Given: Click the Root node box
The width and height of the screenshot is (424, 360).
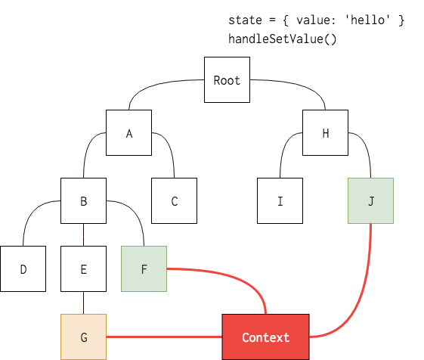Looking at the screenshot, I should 227,80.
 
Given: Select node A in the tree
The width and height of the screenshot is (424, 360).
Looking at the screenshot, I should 128,133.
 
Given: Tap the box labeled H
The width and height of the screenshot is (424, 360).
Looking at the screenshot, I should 325,133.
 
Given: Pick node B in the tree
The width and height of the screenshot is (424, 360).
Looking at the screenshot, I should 83,201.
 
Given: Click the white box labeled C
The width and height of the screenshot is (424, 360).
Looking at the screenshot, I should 174,201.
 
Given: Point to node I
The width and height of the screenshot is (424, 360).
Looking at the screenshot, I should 280,201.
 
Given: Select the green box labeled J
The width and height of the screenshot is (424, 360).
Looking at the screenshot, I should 370,201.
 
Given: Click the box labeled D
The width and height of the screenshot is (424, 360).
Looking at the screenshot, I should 23,268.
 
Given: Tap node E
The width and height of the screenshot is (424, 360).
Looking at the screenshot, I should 83,268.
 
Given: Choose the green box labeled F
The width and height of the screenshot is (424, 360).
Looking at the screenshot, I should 144,268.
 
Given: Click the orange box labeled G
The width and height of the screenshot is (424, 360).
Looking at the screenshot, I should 83,337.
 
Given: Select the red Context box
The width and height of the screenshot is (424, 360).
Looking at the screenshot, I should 265,337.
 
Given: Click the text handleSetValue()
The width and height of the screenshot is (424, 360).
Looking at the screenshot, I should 282,39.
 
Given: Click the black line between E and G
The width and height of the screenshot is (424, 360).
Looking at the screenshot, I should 83,303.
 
